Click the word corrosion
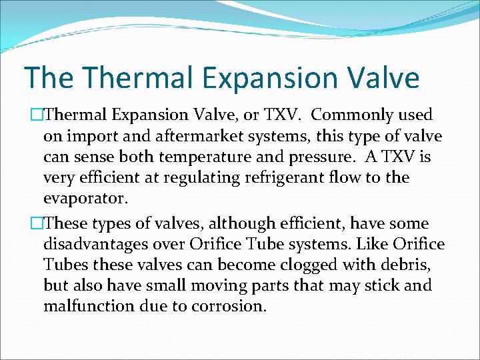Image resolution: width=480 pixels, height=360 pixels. [x=227, y=307]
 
